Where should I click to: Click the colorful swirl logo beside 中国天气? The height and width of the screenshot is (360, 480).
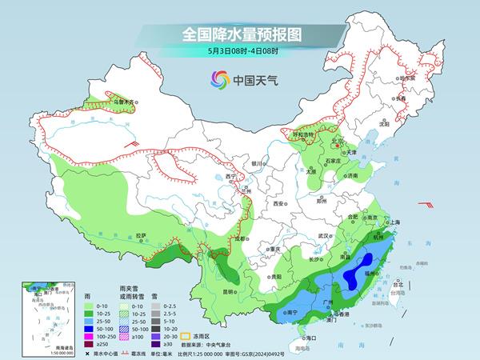(218, 79)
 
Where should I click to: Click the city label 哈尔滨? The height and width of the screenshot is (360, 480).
(408, 78)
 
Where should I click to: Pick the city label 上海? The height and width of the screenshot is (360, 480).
(402, 222)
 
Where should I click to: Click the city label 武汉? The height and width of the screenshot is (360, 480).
(324, 236)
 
